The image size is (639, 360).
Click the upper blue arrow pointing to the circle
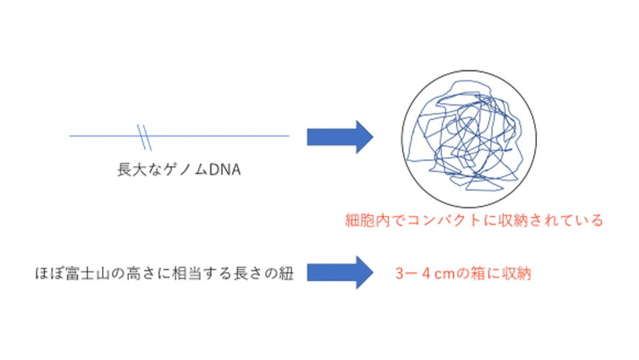(x=340, y=136)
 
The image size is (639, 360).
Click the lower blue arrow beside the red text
(x=340, y=273)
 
